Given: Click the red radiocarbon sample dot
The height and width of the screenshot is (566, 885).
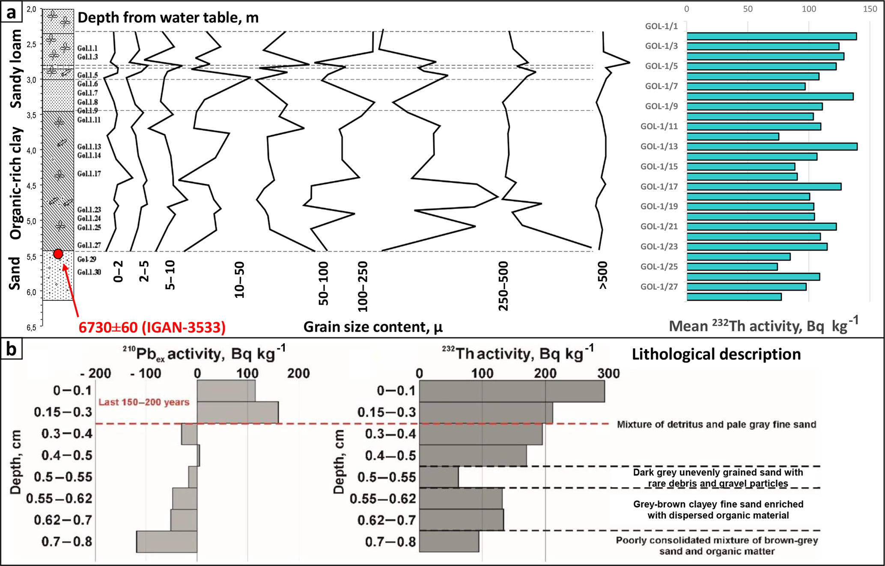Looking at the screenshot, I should pyautogui.click(x=58, y=254).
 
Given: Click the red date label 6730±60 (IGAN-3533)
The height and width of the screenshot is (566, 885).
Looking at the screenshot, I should pyautogui.click(x=152, y=327).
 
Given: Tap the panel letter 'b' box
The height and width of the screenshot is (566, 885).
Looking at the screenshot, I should pyautogui.click(x=11, y=349).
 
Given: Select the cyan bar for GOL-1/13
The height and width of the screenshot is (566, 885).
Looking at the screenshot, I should pyautogui.click(x=772, y=147).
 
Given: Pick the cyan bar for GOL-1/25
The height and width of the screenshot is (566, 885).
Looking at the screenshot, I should pyautogui.click(x=732, y=267).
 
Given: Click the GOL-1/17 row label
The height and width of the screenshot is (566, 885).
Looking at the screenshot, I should pyautogui.click(x=659, y=186).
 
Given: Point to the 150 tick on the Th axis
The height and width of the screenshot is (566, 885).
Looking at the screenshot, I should pyautogui.click(x=870, y=9).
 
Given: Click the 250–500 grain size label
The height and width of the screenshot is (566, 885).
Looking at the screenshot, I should pyautogui.click(x=504, y=286).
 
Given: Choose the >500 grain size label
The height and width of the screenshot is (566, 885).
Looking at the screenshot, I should pyautogui.click(x=603, y=276).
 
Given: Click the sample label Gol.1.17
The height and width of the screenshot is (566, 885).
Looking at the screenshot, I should pyautogui.click(x=89, y=174).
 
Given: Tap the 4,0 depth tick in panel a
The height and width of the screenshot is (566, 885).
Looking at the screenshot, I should pyautogui.click(x=31, y=150).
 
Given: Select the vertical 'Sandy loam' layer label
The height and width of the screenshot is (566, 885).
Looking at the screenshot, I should pyautogui.click(x=16, y=69).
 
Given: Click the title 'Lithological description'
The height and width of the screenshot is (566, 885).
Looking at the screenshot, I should pyautogui.click(x=716, y=354).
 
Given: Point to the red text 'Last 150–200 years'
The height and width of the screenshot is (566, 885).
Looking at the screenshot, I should pyautogui.click(x=144, y=402).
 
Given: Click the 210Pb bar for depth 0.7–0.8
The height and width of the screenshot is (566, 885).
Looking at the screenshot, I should pyautogui.click(x=167, y=542).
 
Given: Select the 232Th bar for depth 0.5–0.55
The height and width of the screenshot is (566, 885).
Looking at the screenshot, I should pyautogui.click(x=439, y=477).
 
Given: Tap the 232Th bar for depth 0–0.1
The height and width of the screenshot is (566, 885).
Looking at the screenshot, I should pyautogui.click(x=512, y=391).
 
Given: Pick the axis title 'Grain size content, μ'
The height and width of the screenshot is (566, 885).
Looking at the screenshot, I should pyautogui.click(x=372, y=327).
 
